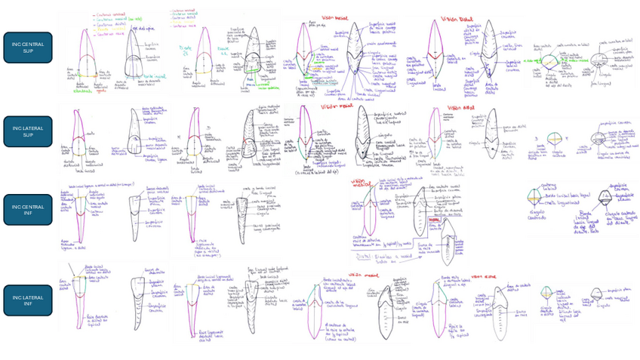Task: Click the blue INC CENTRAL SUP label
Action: tap(28, 48)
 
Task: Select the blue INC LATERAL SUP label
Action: tap(28, 131)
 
